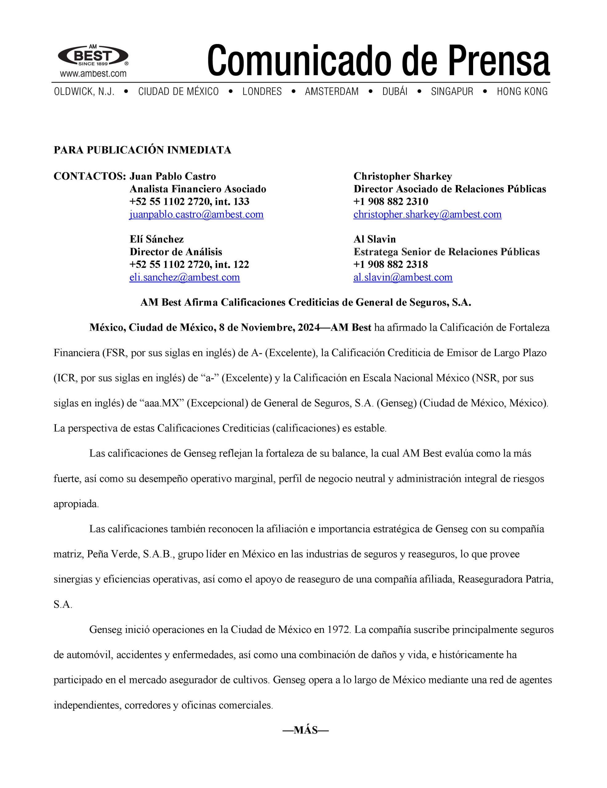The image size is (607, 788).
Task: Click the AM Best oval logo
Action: (93, 56)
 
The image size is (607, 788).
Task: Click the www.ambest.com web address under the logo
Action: (93, 74)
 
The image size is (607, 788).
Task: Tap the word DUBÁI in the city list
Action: (395, 92)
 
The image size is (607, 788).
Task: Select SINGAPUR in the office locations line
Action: (452, 92)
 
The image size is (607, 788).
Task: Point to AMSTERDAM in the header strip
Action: (332, 92)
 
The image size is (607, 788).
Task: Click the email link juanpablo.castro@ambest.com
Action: (196, 214)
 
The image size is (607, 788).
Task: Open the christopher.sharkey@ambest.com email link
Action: (427, 214)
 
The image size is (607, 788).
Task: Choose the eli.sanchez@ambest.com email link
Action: (184, 277)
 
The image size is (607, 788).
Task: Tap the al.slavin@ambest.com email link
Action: (403, 277)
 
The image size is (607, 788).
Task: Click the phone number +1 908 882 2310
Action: (391, 201)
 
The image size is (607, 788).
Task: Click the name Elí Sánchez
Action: (157, 239)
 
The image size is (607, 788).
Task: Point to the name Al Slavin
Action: (375, 239)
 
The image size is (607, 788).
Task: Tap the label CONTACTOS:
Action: (90, 176)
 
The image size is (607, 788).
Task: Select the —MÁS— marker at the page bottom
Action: (305, 730)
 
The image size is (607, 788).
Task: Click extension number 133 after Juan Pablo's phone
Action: (241, 201)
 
